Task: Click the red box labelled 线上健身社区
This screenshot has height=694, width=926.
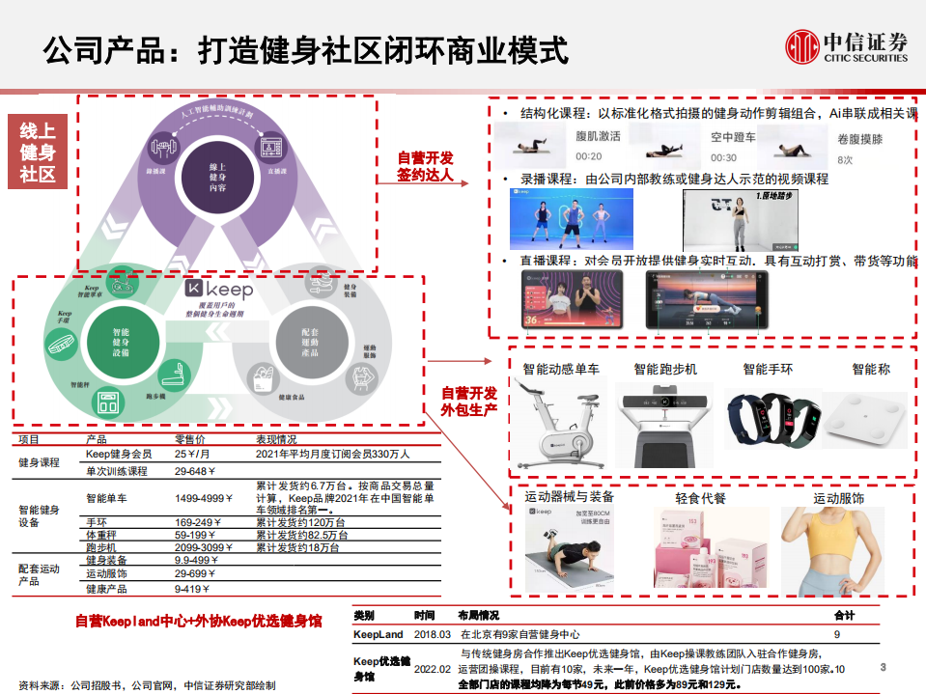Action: point(38,152)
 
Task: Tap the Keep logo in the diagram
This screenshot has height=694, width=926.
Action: point(219,290)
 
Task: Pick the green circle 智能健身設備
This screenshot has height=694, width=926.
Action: point(121,343)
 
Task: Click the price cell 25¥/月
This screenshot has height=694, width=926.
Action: point(193,454)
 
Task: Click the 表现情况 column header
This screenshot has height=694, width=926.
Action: point(279,439)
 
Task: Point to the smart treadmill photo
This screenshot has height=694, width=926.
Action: point(664,420)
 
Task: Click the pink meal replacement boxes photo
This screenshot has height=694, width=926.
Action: point(700,553)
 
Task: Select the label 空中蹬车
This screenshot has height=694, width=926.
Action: point(733,137)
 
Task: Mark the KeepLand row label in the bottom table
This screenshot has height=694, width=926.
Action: point(377,634)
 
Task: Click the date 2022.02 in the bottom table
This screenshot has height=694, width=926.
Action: point(432,668)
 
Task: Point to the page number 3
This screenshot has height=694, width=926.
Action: point(883,668)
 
